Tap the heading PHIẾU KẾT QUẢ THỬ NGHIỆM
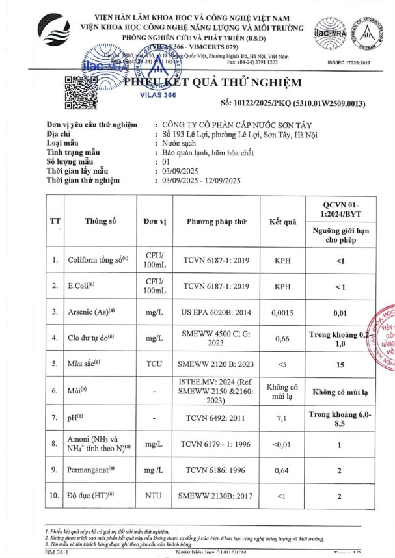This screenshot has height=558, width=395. [213, 83]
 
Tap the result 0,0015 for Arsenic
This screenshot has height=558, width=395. [282, 312]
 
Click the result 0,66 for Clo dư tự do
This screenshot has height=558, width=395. [282, 338]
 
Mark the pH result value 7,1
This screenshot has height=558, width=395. [282, 419]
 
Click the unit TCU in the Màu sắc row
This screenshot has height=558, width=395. [154, 365]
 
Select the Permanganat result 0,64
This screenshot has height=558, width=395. [282, 470]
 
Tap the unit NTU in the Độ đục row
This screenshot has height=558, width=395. [154, 496]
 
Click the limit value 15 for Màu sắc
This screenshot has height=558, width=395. [340, 365]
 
